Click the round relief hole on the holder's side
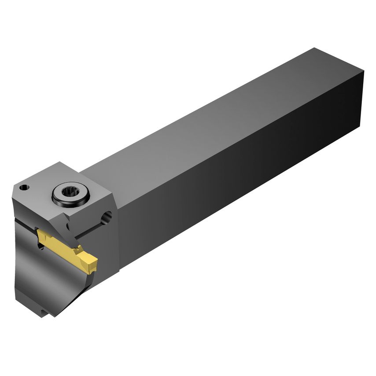(106, 217)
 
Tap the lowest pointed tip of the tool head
(53, 315)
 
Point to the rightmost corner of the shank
(364, 70)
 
